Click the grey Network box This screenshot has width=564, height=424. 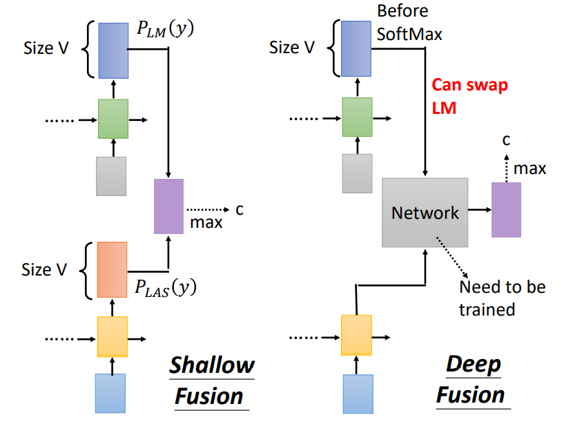coord(425,212)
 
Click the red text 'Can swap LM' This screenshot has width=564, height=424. coord(469,97)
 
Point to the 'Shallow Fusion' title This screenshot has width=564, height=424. coord(212,380)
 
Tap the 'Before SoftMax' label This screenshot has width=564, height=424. coord(402,23)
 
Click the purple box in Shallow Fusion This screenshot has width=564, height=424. coord(168,206)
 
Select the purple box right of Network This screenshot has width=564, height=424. coord(506,210)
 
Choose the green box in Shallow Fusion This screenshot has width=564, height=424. coord(113,119)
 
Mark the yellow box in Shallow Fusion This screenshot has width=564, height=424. coord(112,336)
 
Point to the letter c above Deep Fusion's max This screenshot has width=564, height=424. coord(507,140)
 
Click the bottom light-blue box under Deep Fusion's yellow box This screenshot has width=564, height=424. coord(357,394)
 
